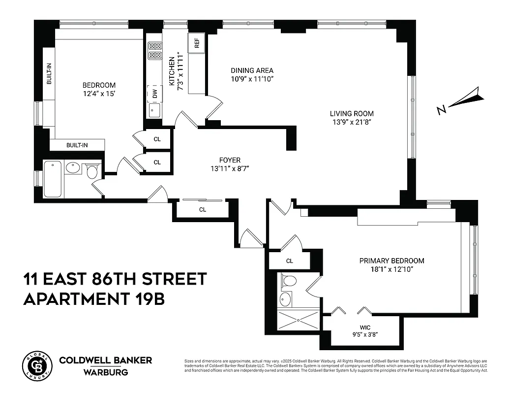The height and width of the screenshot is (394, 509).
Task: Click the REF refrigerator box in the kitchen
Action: pos(197,43)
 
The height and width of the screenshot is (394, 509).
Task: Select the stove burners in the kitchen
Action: pos(155,50)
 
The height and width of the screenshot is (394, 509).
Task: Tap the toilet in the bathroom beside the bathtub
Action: pos(91,171)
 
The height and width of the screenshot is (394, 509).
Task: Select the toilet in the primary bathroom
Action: pos(289,281)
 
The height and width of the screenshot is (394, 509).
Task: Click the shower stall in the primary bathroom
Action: pos(298,319)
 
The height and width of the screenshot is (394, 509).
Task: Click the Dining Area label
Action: pos(252,70)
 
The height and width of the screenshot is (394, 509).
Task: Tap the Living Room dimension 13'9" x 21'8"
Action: pos(352,122)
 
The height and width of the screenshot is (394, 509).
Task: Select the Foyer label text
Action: pos(230,160)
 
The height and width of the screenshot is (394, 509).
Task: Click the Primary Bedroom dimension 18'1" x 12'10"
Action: pos(391,269)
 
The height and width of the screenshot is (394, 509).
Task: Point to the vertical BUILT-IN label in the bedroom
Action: pos(49,74)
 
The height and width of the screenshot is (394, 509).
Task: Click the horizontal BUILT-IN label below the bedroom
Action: pos(78,145)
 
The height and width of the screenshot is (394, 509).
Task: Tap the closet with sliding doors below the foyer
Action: pos(202,209)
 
